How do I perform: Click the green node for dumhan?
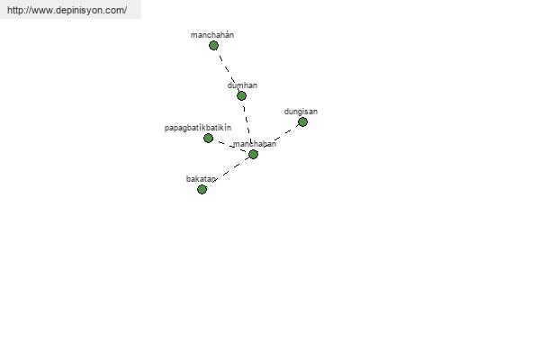241,95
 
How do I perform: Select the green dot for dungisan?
302,122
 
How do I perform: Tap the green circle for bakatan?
202,189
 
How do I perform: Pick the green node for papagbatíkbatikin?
208,138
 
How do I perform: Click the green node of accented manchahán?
213,46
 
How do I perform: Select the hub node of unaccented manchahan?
253,154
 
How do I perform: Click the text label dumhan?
242,85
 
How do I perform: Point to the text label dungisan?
301,112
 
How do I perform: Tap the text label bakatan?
201,179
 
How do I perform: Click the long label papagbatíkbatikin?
198,128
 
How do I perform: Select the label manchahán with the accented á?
212,35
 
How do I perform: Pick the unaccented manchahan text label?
255,144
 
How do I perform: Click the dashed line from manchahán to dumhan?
228,70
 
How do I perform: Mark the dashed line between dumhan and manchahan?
247,125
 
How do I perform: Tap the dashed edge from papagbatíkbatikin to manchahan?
230,147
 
